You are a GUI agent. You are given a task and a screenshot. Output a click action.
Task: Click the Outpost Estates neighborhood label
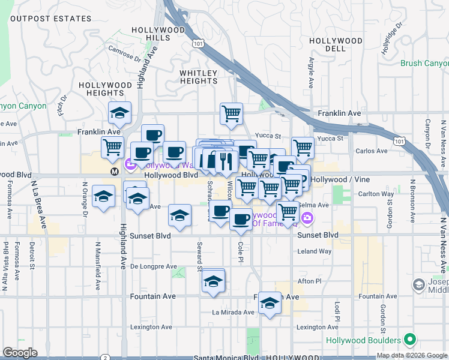pos(51,19)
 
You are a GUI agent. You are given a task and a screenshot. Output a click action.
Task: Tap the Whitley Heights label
pos(199,77)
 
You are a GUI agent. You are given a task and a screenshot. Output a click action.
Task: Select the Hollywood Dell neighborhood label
pos(336,41)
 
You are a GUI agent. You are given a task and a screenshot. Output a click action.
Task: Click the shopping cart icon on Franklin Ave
pos(231,113)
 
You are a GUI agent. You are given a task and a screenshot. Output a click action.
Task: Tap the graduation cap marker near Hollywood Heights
pos(119,113)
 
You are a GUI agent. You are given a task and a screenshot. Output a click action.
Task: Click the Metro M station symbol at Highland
pos(113,172)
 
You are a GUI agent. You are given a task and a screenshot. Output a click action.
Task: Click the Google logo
pos(20,353)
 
